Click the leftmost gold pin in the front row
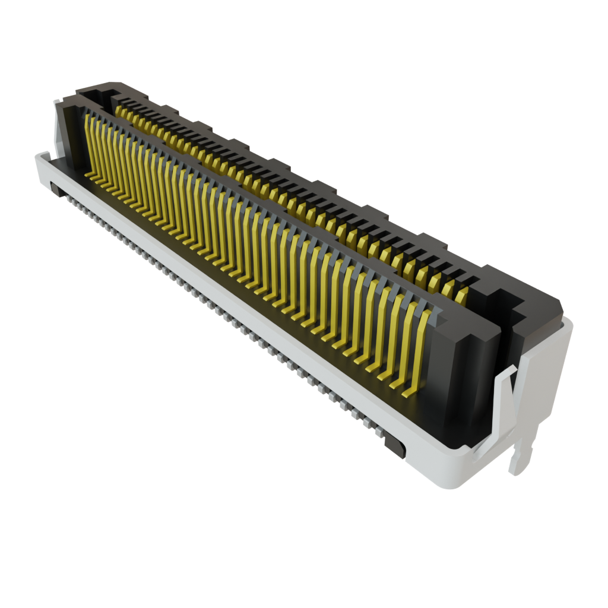pyautogui.click(x=90, y=142)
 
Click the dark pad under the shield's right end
pyautogui.click(x=394, y=445)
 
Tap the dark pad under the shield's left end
pyautogui.click(x=56, y=189)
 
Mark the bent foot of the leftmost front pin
pyautogui.click(x=90, y=175)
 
